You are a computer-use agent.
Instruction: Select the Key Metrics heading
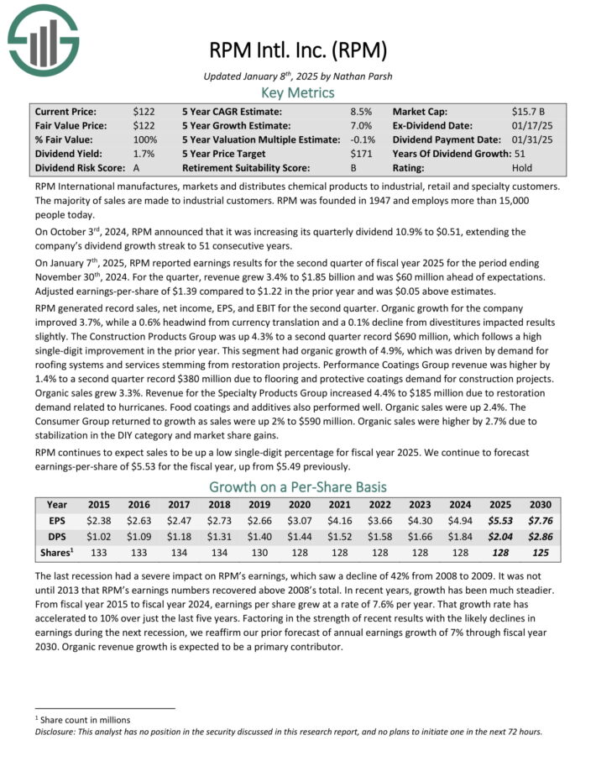(297, 92)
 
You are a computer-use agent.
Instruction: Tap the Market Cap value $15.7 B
(531, 111)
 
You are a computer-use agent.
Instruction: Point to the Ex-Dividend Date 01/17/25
(531, 124)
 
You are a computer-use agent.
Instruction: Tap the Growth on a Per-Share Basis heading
(297, 486)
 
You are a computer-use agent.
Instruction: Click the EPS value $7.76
(540, 521)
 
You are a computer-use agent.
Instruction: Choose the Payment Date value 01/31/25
(531, 139)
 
